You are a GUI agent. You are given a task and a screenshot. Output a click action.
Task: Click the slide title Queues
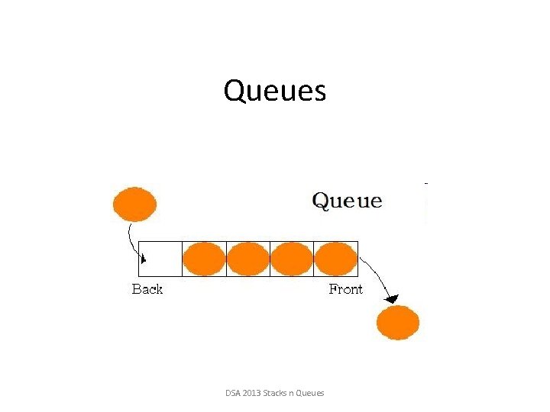[x=275, y=92]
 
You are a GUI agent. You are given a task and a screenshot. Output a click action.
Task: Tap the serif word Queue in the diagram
[x=348, y=201]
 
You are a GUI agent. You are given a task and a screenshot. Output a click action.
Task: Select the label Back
[x=147, y=289]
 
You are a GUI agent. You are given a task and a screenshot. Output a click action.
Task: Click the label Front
[x=345, y=289]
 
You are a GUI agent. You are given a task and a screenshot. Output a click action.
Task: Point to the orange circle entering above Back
[x=134, y=204]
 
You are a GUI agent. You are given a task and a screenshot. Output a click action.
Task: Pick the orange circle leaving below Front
[x=398, y=323]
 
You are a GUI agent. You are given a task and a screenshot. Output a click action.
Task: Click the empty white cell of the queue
[x=160, y=259]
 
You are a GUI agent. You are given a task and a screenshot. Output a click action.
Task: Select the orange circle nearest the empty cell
[x=204, y=259]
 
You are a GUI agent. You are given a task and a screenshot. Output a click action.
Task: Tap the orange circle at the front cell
[x=336, y=259]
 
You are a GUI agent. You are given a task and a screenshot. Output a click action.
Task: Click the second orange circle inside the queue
[x=248, y=259]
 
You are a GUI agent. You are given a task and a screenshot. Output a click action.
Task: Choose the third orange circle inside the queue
[x=292, y=259]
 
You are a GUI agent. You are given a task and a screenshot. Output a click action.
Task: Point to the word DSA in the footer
[x=233, y=393]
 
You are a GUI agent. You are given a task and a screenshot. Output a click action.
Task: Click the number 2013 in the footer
[x=252, y=393]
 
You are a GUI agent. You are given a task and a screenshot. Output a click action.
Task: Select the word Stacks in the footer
[x=277, y=393]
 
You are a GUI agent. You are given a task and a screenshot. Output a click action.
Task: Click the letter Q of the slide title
[x=234, y=92]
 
